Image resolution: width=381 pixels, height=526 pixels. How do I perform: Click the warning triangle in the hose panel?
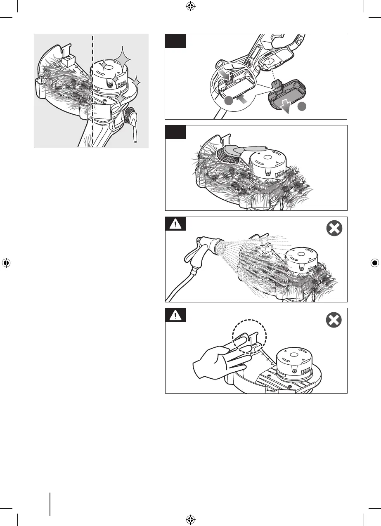click(175, 224)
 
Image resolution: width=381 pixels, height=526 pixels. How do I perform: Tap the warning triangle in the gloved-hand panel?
click(175, 315)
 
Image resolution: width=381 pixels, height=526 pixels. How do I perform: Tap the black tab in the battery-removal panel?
click(175, 41)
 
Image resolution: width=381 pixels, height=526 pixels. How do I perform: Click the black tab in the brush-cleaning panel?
click(175, 132)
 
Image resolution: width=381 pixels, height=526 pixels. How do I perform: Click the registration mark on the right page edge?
click(374, 263)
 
